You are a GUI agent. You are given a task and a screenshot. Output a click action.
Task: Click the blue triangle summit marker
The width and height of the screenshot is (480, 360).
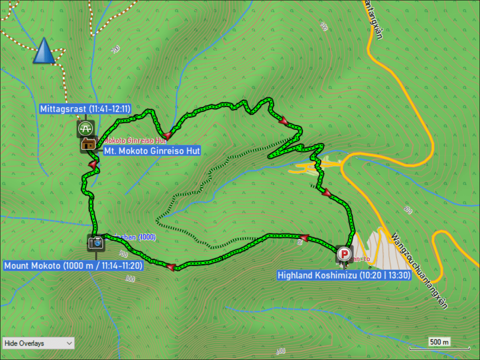44,51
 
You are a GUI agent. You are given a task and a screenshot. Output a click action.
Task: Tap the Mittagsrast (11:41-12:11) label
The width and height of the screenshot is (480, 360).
86,109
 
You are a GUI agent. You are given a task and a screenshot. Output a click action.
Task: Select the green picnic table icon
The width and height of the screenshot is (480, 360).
85,128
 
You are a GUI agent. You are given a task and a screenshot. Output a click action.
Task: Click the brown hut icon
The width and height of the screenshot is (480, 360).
88,144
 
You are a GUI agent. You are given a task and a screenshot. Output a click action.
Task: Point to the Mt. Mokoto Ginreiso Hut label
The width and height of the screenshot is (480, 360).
152,151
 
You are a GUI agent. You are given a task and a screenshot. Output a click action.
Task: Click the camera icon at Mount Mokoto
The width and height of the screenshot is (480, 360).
96,242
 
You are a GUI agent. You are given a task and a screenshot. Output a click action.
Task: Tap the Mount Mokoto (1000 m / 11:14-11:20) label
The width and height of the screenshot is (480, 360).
73,265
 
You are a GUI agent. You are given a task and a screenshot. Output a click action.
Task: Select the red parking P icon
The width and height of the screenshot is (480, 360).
344,254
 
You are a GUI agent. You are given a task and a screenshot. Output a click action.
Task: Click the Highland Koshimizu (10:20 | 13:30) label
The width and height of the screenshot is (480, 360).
344,275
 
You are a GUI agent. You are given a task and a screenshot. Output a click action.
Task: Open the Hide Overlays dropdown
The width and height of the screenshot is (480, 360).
38,343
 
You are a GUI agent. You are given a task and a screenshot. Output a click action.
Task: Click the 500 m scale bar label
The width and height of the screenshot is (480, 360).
439,342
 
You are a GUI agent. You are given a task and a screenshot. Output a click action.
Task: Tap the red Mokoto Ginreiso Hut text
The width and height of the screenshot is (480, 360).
135,141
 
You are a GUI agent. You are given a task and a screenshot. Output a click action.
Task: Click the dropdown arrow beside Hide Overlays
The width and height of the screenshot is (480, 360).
69,343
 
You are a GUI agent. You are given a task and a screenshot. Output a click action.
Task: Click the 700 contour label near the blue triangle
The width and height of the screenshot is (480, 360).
116,49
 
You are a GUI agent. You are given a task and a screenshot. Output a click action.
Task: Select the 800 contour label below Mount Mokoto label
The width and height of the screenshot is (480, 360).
130,279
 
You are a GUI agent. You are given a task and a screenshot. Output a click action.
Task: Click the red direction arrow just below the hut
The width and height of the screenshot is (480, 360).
93,164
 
